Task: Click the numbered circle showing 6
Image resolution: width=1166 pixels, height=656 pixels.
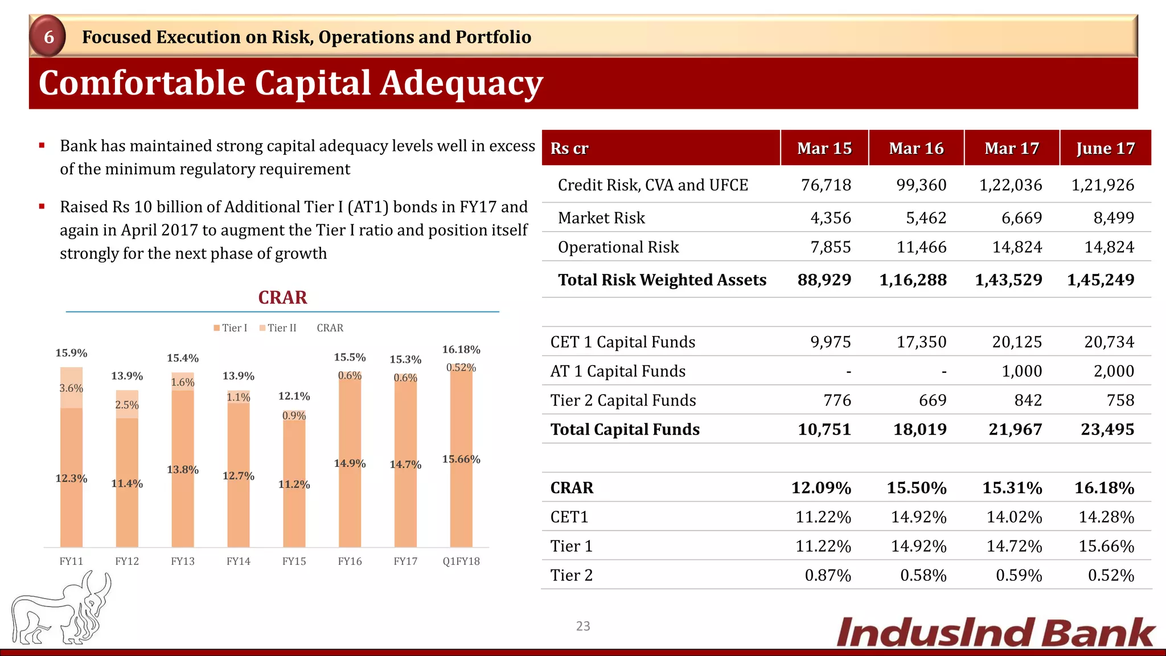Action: (48, 37)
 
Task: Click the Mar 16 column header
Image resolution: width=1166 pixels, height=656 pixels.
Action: (916, 148)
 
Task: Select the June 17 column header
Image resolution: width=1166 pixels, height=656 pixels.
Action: (1105, 148)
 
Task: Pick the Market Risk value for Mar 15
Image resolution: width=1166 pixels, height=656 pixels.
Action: (831, 218)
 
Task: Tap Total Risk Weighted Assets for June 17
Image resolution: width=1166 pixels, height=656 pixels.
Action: (1100, 280)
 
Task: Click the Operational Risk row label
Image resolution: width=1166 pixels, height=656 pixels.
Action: (618, 247)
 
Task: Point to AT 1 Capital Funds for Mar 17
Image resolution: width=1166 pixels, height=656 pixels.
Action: (1021, 371)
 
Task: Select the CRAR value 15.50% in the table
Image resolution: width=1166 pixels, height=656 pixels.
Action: (916, 488)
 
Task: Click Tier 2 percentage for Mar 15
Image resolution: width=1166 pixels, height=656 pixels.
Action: (827, 575)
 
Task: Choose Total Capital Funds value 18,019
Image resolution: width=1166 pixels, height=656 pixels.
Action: (919, 429)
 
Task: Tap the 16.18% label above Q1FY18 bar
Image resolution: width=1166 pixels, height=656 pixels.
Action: (461, 349)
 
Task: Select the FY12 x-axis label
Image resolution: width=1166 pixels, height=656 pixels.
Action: (127, 561)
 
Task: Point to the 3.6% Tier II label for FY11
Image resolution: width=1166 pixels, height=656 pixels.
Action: (71, 388)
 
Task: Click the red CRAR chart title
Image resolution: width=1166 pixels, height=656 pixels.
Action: (282, 297)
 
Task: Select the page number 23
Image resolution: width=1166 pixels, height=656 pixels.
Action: (583, 626)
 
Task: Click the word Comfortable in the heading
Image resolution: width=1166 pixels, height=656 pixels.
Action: (141, 83)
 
